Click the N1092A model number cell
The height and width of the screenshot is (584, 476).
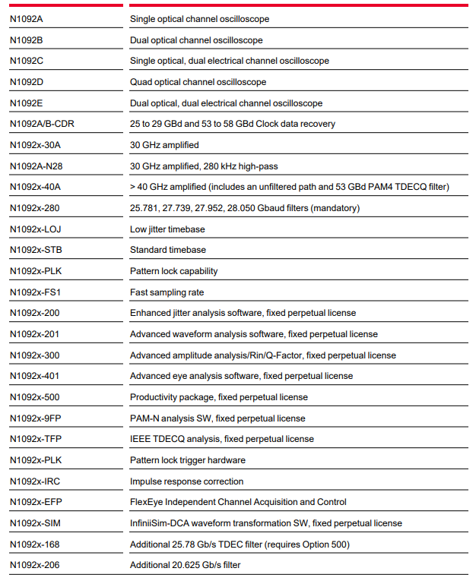[27, 19]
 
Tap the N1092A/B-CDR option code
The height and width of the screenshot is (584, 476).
[41, 124]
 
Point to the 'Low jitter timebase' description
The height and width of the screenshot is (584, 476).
[167, 229]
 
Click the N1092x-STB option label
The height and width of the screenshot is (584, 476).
[35, 250]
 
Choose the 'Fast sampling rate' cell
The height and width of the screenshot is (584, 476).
[167, 292]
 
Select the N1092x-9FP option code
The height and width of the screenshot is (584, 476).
[35, 418]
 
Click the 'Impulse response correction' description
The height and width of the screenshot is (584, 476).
[186, 481]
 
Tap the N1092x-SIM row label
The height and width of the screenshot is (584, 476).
[35, 523]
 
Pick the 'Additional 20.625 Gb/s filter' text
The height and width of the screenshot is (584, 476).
[186, 565]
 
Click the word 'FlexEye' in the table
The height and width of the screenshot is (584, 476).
[146, 502]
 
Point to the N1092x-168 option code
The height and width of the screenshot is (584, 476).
[35, 545]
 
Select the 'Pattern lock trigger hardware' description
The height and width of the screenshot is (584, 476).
[188, 460]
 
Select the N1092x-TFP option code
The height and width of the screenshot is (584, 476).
[35, 439]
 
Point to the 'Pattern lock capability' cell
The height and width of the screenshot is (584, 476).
[173, 271]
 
